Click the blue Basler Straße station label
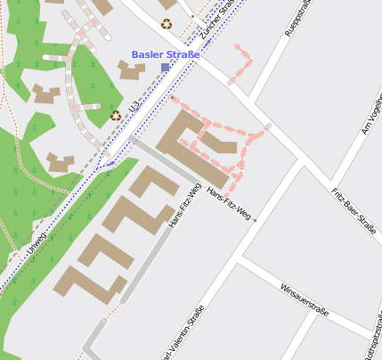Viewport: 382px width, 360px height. [x=166, y=53]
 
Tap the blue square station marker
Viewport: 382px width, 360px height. [x=165, y=68]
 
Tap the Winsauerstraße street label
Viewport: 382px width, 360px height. [x=305, y=300]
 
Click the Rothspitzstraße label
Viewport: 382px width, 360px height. [x=374, y=342]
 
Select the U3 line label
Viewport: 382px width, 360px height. [x=134, y=106]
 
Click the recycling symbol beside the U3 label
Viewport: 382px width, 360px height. [x=115, y=115]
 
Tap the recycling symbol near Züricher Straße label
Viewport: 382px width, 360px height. [x=167, y=24]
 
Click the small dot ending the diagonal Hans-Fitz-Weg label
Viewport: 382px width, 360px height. [x=255, y=218]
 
